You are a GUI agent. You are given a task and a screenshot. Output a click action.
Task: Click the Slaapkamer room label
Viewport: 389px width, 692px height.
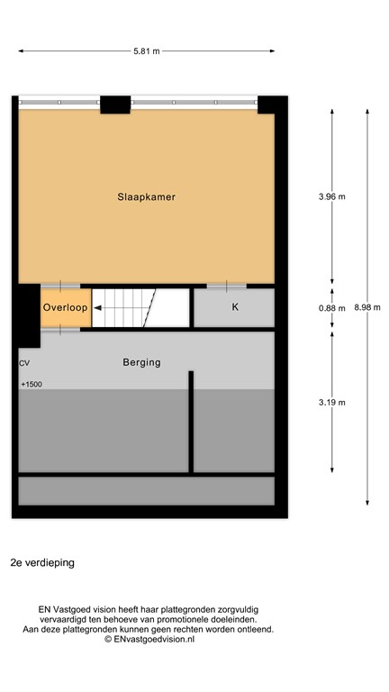pos(145,196)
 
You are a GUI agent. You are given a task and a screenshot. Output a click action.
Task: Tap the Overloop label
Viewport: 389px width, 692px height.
pos(66,308)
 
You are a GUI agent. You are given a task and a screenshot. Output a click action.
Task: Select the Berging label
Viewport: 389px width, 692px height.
pos(141,362)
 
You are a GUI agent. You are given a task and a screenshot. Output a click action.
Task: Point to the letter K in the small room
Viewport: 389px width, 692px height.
pos(235,308)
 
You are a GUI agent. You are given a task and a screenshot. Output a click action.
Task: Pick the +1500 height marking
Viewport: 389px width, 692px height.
pos(32,385)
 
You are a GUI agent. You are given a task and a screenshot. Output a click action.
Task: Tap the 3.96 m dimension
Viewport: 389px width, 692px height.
pos(332,196)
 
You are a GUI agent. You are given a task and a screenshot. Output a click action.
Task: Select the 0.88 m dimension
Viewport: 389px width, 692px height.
pos(332,308)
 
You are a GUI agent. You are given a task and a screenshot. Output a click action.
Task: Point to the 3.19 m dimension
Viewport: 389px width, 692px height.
pos(332,403)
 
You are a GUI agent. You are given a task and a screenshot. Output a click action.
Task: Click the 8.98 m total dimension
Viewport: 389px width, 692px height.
pos(367,307)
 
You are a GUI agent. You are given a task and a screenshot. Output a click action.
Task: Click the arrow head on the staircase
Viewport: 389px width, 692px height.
pos(97,308)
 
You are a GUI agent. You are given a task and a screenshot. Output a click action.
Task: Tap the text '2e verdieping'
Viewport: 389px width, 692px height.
pos(42,562)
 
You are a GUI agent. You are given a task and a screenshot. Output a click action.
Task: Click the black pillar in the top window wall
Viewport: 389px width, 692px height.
pos(115,105)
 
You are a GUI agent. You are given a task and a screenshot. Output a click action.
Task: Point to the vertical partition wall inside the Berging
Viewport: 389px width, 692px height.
pos(191,421)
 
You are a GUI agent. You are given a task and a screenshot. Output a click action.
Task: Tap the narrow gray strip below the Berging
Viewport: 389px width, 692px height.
pos(146,490)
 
